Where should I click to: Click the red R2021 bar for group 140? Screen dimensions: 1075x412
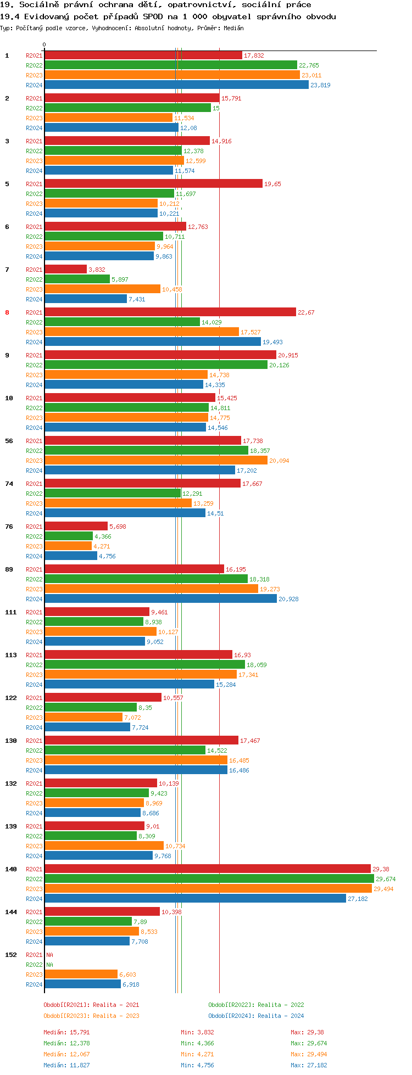(x=208, y=869)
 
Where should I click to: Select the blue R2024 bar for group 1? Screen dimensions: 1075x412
(x=176, y=85)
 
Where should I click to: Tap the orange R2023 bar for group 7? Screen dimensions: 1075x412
(x=102, y=289)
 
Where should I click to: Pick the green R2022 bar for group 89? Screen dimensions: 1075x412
(x=146, y=579)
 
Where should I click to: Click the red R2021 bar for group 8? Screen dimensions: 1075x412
(x=170, y=312)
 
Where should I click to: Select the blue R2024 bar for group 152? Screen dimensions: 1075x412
(x=82, y=984)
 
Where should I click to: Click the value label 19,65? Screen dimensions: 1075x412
(x=272, y=184)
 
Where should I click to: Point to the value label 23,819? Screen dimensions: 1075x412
(x=320, y=85)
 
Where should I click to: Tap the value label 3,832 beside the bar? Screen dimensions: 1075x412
(x=97, y=270)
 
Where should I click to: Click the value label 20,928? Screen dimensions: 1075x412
(x=288, y=599)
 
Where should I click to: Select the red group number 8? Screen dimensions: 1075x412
(x=7, y=312)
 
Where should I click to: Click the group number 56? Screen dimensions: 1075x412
(x=9, y=441)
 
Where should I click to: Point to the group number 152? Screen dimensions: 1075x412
(x=11, y=955)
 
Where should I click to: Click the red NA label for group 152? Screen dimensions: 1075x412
(x=49, y=955)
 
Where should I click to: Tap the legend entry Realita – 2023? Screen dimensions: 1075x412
(x=91, y=1016)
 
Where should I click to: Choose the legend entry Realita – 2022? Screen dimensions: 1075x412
(x=256, y=1005)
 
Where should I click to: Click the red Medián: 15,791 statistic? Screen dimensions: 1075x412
(x=66, y=1032)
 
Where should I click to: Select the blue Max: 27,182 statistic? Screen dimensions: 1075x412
(x=309, y=1065)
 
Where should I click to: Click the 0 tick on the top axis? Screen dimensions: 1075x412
(x=44, y=45)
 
